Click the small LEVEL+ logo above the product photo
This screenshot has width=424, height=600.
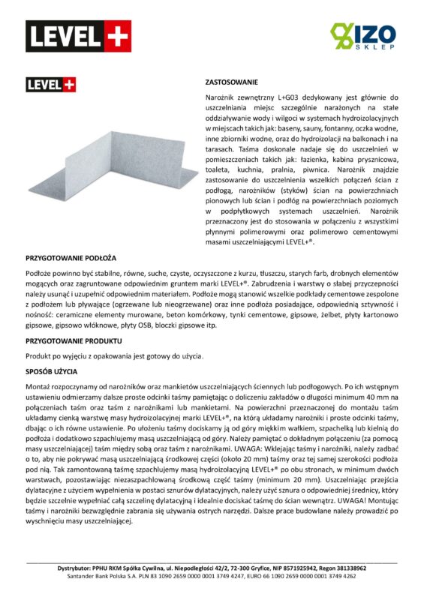point(51,85)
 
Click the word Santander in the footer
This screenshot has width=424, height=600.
point(80,577)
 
